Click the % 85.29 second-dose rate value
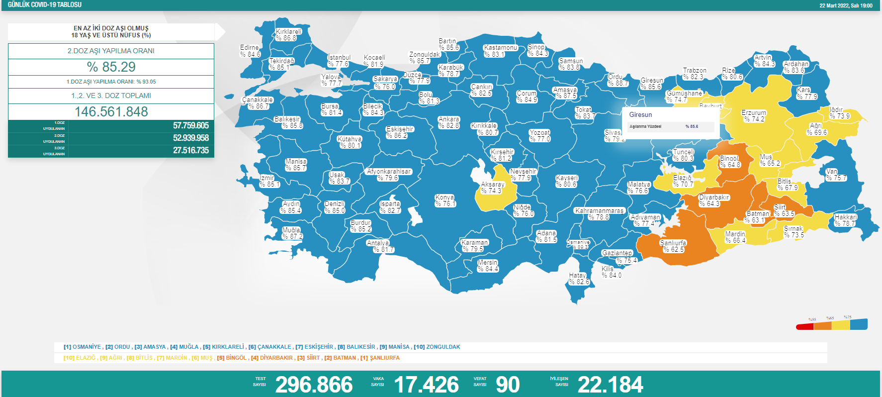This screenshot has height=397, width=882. click(x=111, y=67)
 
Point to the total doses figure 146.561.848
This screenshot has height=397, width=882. click(x=111, y=112)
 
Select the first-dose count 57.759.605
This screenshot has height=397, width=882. click(x=190, y=126)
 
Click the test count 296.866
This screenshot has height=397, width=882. click(x=314, y=385)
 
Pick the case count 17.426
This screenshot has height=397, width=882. click(x=426, y=385)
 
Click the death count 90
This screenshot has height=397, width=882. click(x=508, y=385)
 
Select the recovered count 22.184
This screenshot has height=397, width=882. click(x=610, y=385)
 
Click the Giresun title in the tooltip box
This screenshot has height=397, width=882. click(x=640, y=115)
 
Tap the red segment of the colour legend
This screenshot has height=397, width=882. click(x=804, y=327)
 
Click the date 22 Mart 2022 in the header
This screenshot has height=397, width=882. click(x=835, y=5)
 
